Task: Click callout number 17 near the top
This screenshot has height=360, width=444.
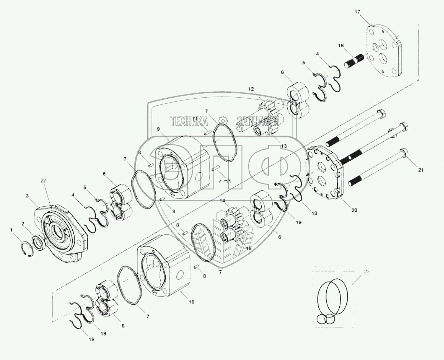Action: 357,12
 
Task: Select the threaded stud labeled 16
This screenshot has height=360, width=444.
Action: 355,61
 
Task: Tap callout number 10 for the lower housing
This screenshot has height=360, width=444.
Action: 192,302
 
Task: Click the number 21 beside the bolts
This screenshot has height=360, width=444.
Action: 421,170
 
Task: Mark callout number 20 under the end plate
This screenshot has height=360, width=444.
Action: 354,210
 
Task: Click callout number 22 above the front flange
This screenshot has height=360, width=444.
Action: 43,181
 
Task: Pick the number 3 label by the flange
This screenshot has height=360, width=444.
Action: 27,195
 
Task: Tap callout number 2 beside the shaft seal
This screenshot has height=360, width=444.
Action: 22,224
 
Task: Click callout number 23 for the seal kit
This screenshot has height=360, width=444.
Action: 367,272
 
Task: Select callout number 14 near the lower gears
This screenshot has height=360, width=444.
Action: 222,201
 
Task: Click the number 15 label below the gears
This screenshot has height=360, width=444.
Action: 249,249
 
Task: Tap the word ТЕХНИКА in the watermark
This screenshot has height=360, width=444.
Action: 189,121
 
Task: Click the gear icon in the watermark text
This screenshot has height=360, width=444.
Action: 223,120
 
